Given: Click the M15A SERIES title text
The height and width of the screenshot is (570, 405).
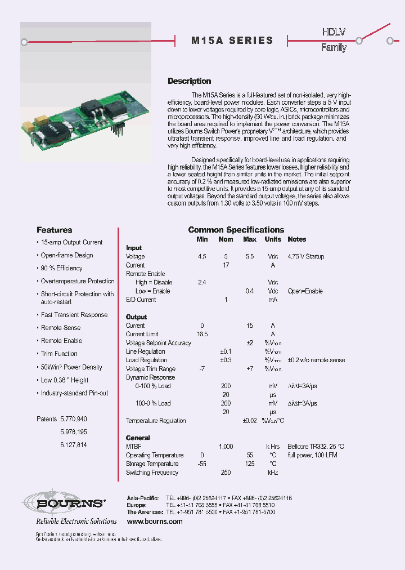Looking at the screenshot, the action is pos(232,41).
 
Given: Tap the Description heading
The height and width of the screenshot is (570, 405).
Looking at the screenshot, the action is pos(190,81).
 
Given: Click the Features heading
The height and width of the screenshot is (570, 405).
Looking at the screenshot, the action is pos(54,230).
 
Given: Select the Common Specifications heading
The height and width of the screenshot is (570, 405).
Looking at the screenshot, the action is pos(236,230).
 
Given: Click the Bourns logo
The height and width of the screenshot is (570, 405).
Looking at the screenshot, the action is pos(63,504).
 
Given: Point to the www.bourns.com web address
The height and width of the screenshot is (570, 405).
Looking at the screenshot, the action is pos(155,522).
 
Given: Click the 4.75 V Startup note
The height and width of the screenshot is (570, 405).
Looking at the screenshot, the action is pos(305,256).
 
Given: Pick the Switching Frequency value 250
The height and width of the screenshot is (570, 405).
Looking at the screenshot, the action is pos(226,473).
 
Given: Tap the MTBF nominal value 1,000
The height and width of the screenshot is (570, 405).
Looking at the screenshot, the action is pos(226,446).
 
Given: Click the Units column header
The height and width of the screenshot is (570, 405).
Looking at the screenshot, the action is pos(273,239).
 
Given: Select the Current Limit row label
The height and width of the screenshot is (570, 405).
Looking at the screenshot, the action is pos(142,334).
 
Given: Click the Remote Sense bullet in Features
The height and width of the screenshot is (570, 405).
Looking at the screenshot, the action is pos(61,328).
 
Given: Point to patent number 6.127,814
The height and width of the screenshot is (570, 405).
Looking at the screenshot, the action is pos(73,445).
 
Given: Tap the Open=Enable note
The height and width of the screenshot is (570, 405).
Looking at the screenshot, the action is pos(305,291).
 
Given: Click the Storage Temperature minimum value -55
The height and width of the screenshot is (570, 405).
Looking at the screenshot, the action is pos(202,464).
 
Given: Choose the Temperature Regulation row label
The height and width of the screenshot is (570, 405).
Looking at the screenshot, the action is pos(156,421).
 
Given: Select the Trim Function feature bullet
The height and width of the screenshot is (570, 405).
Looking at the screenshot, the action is pos(59,354).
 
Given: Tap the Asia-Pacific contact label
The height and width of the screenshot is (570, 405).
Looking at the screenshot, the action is pos(143,498).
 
